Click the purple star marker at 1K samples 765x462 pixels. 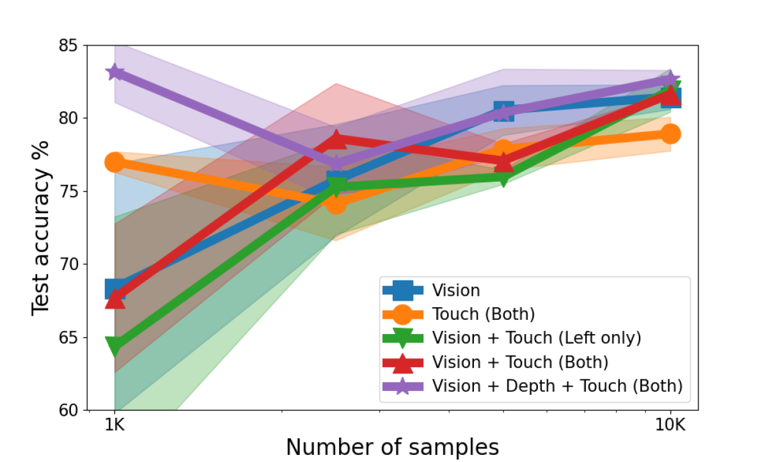click(115, 72)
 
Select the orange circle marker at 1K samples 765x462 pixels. click(115, 163)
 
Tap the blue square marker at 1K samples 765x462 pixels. click(115, 289)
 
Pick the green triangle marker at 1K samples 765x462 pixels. click(115, 347)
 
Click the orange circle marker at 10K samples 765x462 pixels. click(670, 134)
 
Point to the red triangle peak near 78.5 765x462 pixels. click(336, 139)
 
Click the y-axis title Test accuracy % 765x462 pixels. click(40, 228)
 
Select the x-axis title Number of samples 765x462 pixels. click(392, 445)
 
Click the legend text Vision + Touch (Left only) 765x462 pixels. click(536, 337)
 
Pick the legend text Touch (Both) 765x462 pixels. click(483, 314)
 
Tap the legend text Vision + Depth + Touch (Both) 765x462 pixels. click(557, 385)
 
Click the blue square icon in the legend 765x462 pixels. click(403, 291)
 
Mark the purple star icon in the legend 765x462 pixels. click(403, 386)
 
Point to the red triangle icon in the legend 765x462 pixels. click(403, 362)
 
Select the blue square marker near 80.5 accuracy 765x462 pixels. click(504, 111)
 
